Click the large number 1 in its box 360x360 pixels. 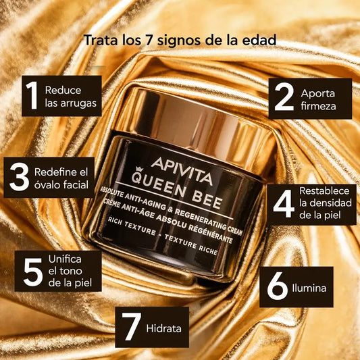coord(32,95)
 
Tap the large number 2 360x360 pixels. coord(284,97)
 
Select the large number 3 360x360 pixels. coord(20,177)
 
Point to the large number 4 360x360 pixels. coord(284,204)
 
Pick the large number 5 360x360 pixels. coord(33,272)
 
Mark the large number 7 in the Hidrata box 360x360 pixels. coord(131,326)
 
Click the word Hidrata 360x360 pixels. coord(163,328)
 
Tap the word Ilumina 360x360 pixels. coord(309,288)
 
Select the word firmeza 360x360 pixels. coord(318,106)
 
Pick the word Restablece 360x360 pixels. coord(324,190)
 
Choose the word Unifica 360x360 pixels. coord(65,259)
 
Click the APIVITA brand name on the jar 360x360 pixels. coord(182,171)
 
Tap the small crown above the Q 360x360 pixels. coord(139,170)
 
